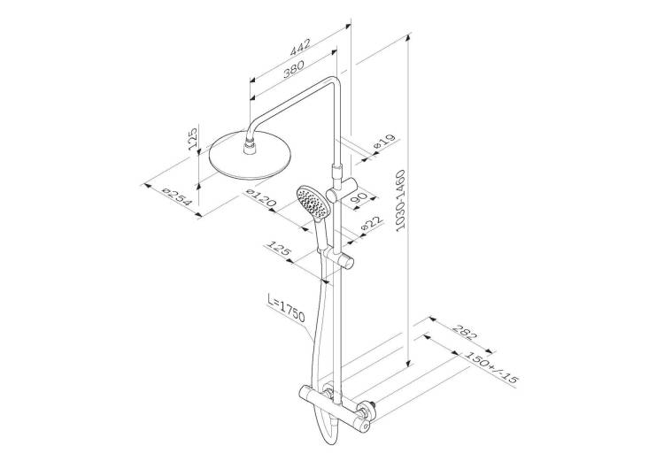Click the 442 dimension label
300,47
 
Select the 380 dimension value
293,69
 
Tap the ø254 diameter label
177,197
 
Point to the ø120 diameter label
261,199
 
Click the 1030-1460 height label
400,200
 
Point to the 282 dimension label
464,332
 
